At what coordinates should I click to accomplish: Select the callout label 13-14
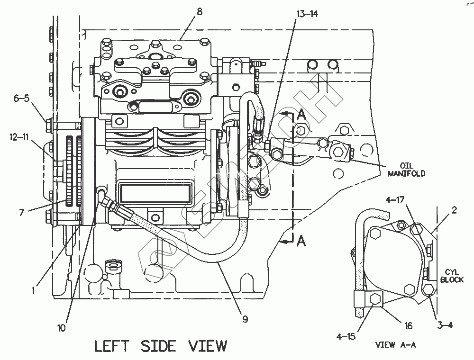(307, 14)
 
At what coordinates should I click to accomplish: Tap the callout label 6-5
(21, 98)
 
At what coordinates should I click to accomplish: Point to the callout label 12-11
(19, 137)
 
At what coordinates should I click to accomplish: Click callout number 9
(245, 319)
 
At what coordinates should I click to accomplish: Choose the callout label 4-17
(394, 201)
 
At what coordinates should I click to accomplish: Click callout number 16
(409, 326)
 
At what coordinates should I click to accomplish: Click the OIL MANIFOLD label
(406, 170)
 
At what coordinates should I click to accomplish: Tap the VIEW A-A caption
(395, 345)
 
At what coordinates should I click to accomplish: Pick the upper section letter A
(301, 114)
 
